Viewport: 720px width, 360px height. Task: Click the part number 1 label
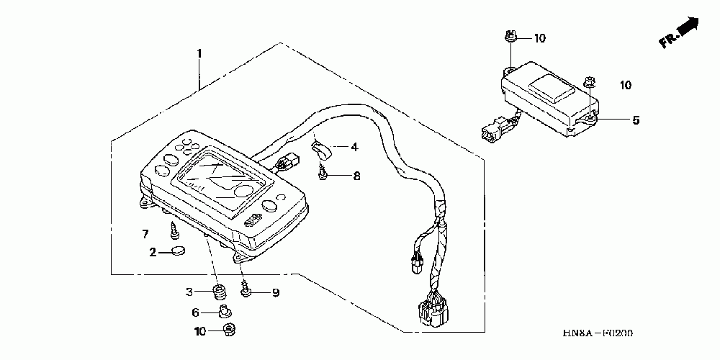(x=199, y=53)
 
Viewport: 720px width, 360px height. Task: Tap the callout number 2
(x=153, y=252)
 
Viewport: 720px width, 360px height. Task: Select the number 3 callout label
(x=189, y=292)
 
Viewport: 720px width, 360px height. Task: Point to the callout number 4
(x=354, y=148)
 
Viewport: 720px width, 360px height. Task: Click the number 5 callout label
(x=635, y=120)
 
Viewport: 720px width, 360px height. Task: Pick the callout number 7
(x=145, y=234)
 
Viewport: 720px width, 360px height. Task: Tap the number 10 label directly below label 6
(x=199, y=331)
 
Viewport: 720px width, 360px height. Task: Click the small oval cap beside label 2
(x=177, y=251)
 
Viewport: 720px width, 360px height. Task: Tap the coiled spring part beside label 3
(x=217, y=292)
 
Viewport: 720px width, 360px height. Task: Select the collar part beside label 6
(x=224, y=312)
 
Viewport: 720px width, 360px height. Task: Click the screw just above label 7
(x=174, y=230)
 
